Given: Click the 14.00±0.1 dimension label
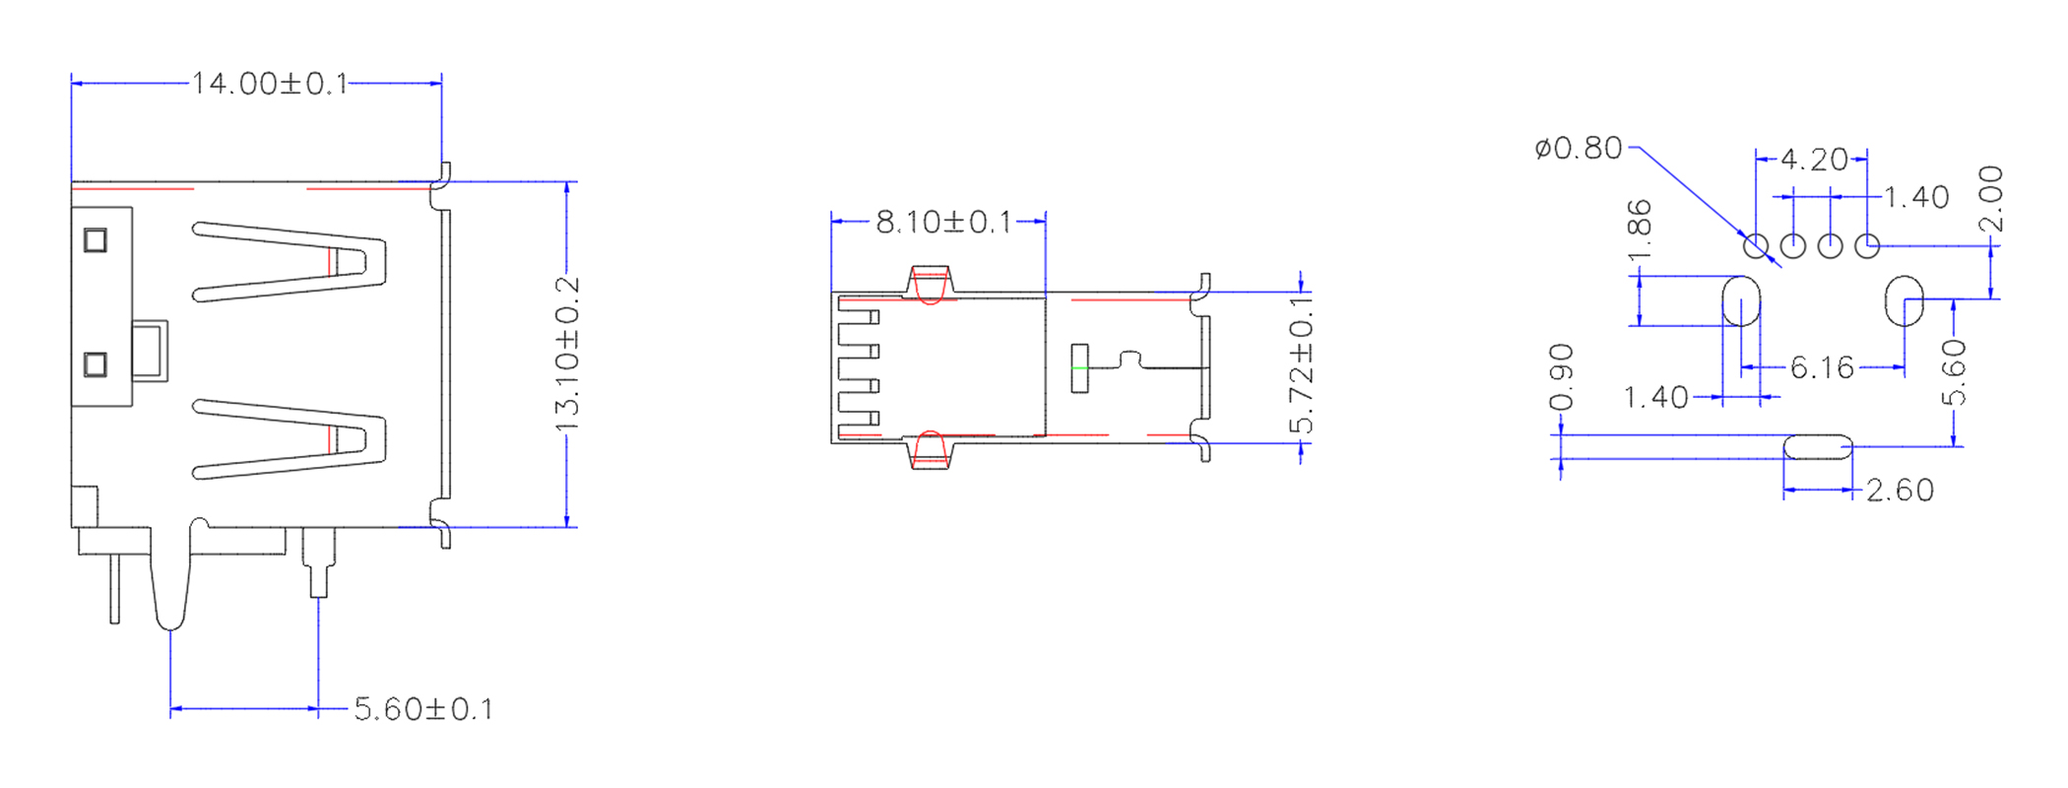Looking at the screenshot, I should point(269,84).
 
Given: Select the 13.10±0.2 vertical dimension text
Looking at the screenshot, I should point(567,355).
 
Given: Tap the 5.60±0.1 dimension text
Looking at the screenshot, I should point(423,709).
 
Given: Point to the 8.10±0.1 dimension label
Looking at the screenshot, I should point(943,223).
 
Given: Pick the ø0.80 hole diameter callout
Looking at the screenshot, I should point(1578,149).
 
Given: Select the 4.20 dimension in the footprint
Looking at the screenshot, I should point(1814,160).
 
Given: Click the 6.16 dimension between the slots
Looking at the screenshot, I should point(1822,368).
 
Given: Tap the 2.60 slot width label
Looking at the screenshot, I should point(1900,491).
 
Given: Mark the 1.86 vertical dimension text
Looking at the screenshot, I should point(1640,231).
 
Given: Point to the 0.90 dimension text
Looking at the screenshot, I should point(1562,377).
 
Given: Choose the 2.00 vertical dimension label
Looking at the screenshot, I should point(1991,199).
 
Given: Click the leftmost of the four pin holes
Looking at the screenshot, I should point(1756,246).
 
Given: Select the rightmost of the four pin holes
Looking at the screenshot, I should point(1867,246).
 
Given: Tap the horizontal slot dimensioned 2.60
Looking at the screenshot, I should point(1818,447).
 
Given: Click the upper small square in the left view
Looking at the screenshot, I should point(96,240).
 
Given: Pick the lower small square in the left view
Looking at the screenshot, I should point(96,365).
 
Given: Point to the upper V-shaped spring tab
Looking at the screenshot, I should point(295,262).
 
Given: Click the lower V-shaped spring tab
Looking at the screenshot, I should point(295,439).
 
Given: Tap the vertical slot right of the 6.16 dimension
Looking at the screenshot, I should point(1904,301).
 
